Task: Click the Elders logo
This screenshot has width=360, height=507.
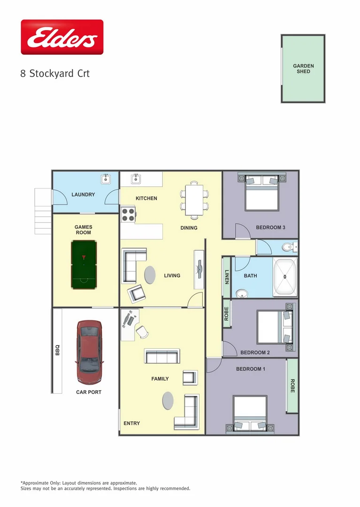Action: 62,38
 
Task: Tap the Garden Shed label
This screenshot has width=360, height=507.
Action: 303,69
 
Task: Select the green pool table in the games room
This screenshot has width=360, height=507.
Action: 84,265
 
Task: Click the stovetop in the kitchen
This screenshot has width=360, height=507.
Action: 129,215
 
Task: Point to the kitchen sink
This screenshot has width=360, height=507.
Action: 136,179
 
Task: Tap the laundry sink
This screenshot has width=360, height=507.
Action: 106,179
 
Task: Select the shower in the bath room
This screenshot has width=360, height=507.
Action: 285,277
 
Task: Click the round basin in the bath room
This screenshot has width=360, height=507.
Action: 242,293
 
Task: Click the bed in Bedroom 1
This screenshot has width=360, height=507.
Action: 250,414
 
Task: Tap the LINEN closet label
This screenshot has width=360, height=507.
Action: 227,277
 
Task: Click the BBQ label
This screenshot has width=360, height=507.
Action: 58,350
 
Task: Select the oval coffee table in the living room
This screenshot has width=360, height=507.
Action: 150,275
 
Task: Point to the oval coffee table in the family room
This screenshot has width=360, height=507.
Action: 168,400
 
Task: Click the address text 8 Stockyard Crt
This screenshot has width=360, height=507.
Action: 55,74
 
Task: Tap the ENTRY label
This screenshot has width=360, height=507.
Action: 131,423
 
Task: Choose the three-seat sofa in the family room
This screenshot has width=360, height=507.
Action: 162,356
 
